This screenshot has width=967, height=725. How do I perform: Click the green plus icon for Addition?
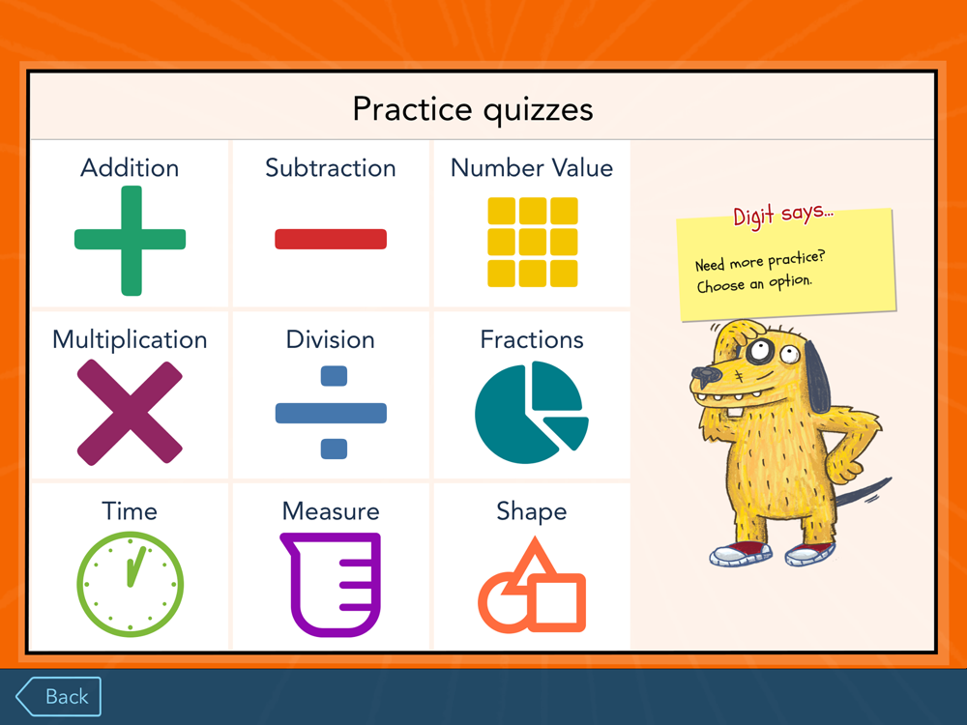point(131,240)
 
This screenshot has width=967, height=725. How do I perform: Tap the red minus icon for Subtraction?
point(331,239)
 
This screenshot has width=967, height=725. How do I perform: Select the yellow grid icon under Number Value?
point(532,243)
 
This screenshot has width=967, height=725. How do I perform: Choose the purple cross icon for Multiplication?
point(130,412)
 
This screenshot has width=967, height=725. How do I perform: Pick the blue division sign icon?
point(331,413)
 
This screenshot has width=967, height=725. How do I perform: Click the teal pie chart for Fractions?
point(531,413)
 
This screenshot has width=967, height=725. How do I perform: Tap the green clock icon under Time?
point(131,584)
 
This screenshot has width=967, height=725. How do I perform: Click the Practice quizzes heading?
point(473,110)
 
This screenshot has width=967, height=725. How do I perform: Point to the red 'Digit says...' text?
point(782,215)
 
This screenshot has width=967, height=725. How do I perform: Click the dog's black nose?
point(705,373)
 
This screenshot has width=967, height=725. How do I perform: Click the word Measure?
point(331,511)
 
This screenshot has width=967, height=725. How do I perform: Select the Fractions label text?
point(532,339)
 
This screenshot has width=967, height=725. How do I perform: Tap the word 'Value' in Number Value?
point(582,167)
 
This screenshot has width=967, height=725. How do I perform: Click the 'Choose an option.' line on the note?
point(754,283)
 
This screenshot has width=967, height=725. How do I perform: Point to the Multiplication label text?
point(130,340)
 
